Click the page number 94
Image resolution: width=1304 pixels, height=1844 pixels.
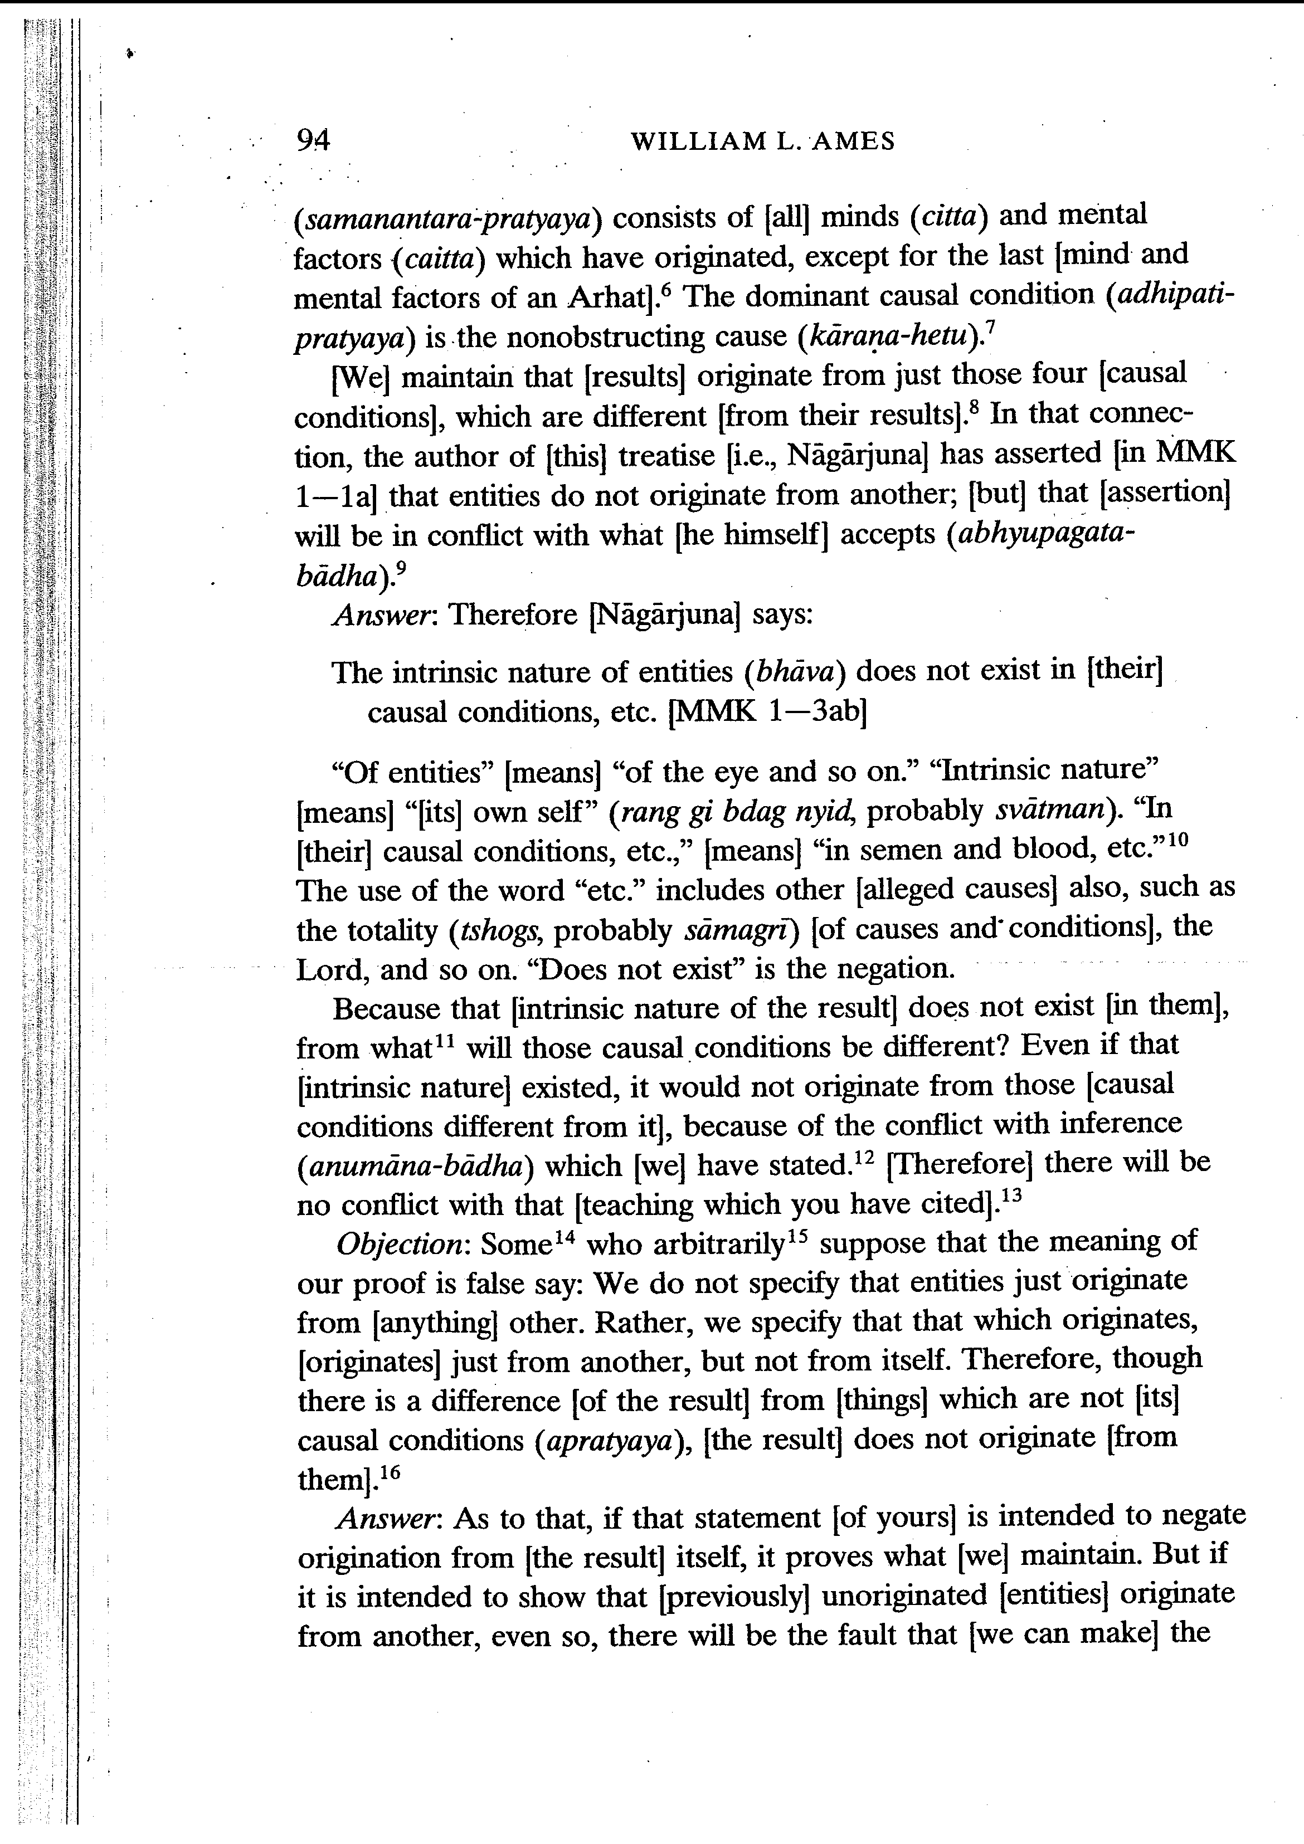click(x=313, y=142)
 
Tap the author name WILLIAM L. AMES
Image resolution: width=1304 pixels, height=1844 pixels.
click(x=762, y=142)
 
